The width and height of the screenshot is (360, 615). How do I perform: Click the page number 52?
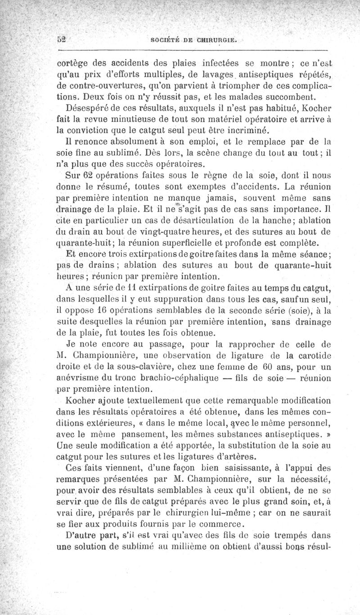62,39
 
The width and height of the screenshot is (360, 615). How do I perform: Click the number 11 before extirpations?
117,286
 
